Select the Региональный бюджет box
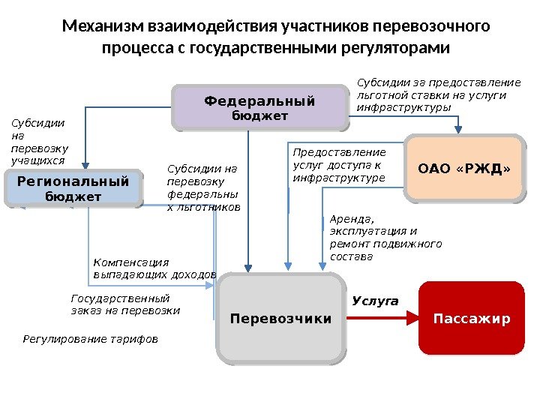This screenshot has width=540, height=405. [73, 188]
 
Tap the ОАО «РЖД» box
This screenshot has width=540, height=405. [463, 169]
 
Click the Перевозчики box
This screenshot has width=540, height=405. [280, 319]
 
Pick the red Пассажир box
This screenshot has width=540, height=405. [472, 319]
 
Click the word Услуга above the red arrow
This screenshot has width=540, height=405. [375, 301]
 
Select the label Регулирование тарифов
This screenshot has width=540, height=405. [91, 339]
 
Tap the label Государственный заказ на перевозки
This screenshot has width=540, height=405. [125, 304]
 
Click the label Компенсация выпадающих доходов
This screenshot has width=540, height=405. [154, 268]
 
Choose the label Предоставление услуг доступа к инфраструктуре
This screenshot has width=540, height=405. [339, 164]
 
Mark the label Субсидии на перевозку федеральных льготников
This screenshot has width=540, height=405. [202, 187]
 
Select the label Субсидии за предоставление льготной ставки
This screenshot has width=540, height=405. [438, 94]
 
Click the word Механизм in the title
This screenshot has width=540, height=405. [104, 27]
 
